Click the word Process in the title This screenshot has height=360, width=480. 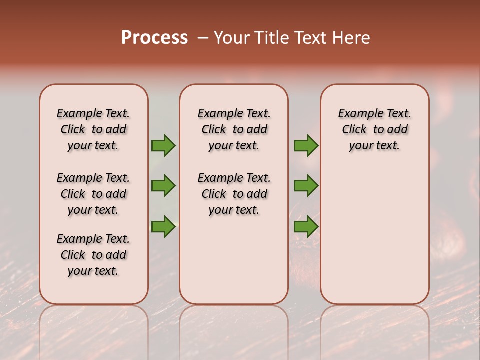tap(154, 38)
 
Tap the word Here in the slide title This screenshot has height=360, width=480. tap(350, 38)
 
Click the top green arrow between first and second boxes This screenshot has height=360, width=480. tap(163, 145)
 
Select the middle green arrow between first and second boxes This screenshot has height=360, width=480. tap(163, 186)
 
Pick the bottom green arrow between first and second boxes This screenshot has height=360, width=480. tap(163, 226)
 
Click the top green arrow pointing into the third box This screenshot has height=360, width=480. tap(306, 145)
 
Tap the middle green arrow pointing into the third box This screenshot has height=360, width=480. tap(306, 186)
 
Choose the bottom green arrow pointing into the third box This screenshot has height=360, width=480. tap(306, 226)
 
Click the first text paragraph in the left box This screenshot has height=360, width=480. tap(93, 129)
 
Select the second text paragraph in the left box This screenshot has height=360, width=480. tap(93, 194)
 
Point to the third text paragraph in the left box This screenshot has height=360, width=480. tap(93, 255)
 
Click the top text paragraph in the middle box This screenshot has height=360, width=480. tap(234, 129)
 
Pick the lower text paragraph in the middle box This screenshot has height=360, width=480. tap(234, 194)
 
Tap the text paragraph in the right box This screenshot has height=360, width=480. tap(374, 129)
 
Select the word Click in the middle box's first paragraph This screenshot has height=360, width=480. tap(214, 130)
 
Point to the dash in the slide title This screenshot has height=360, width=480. tap(203, 38)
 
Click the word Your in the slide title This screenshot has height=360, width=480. tap(231, 38)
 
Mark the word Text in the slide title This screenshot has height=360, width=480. tap(310, 38)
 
